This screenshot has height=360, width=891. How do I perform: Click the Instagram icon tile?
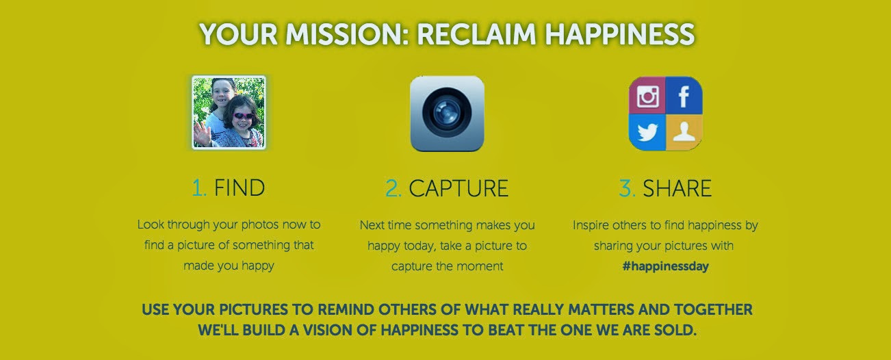coord(647,95)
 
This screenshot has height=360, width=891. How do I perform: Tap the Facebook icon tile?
coord(684,95)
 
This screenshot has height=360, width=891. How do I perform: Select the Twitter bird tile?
coord(647,133)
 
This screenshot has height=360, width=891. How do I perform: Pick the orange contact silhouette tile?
coord(684,133)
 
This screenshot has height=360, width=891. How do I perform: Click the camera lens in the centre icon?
coord(447,112)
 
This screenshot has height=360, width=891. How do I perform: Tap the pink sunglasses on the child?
coord(243,116)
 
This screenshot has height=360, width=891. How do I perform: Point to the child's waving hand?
coord(202,134)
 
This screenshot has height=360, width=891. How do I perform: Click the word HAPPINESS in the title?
coord(620,34)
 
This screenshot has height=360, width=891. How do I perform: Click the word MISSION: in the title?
coord(347,34)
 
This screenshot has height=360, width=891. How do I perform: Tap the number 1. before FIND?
coord(199,188)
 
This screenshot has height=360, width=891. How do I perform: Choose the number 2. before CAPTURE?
coord(393,188)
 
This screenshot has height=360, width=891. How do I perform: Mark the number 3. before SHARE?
coord(627,188)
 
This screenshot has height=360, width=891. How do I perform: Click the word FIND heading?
coord(240,188)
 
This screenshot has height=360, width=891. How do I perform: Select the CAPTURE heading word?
coord(459,188)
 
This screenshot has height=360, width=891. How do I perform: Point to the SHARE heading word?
coord(677,188)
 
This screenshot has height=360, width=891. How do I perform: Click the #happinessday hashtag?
coord(665,266)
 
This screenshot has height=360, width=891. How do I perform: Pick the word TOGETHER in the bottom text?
coord(713,309)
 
